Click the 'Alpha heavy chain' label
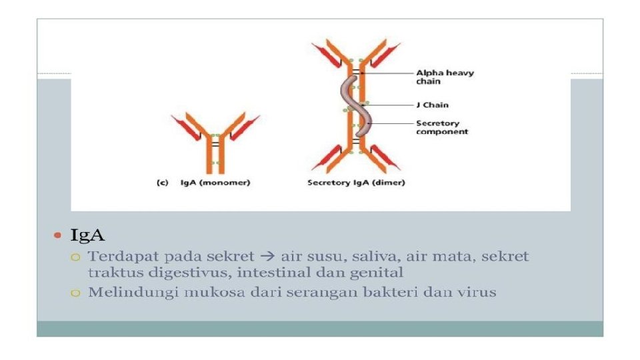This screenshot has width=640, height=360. (x=445, y=77)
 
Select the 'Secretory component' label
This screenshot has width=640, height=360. (x=442, y=127)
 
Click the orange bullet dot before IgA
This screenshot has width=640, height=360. (x=57, y=235)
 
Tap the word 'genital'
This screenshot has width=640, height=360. (x=381, y=272)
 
